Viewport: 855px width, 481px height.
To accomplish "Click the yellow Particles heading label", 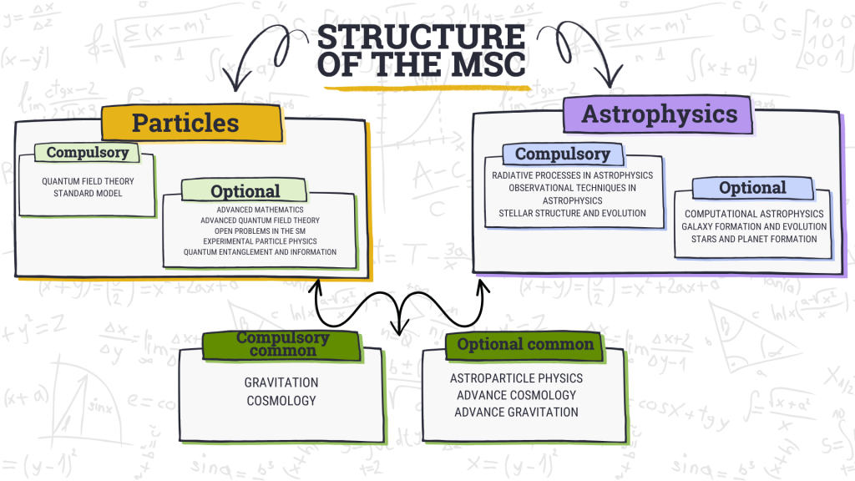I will (x=185, y=123).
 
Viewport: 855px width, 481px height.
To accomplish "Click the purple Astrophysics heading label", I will (x=659, y=114).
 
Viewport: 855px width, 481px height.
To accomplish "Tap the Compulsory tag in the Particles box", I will (x=88, y=152).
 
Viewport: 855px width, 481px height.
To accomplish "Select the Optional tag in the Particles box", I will (x=245, y=190).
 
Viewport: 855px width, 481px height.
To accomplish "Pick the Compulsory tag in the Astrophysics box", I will (x=562, y=154).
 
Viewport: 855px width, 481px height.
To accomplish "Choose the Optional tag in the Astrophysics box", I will (x=752, y=187).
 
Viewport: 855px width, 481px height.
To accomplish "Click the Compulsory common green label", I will (x=282, y=344).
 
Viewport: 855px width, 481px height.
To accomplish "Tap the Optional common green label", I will (x=525, y=344).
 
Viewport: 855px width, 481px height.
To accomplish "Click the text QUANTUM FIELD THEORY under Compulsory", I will (x=88, y=181).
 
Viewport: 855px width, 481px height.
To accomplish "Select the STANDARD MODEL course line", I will (x=88, y=194).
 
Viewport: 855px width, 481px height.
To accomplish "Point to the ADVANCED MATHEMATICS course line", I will (x=260, y=209).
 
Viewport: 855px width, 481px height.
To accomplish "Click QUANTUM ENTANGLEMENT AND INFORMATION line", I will (x=260, y=251).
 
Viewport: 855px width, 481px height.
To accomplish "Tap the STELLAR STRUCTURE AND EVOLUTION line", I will (x=572, y=213).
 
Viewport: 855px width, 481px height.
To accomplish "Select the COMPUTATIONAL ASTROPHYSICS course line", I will (x=754, y=215).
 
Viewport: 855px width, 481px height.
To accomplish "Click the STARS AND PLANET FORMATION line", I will (x=754, y=239).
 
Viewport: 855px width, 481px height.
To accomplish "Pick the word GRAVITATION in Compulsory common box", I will (x=281, y=382).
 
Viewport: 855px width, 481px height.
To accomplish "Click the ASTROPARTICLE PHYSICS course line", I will (x=516, y=378).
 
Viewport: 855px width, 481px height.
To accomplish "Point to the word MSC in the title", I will (x=485, y=64).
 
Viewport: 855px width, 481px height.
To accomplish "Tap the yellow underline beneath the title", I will (x=422, y=86).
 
